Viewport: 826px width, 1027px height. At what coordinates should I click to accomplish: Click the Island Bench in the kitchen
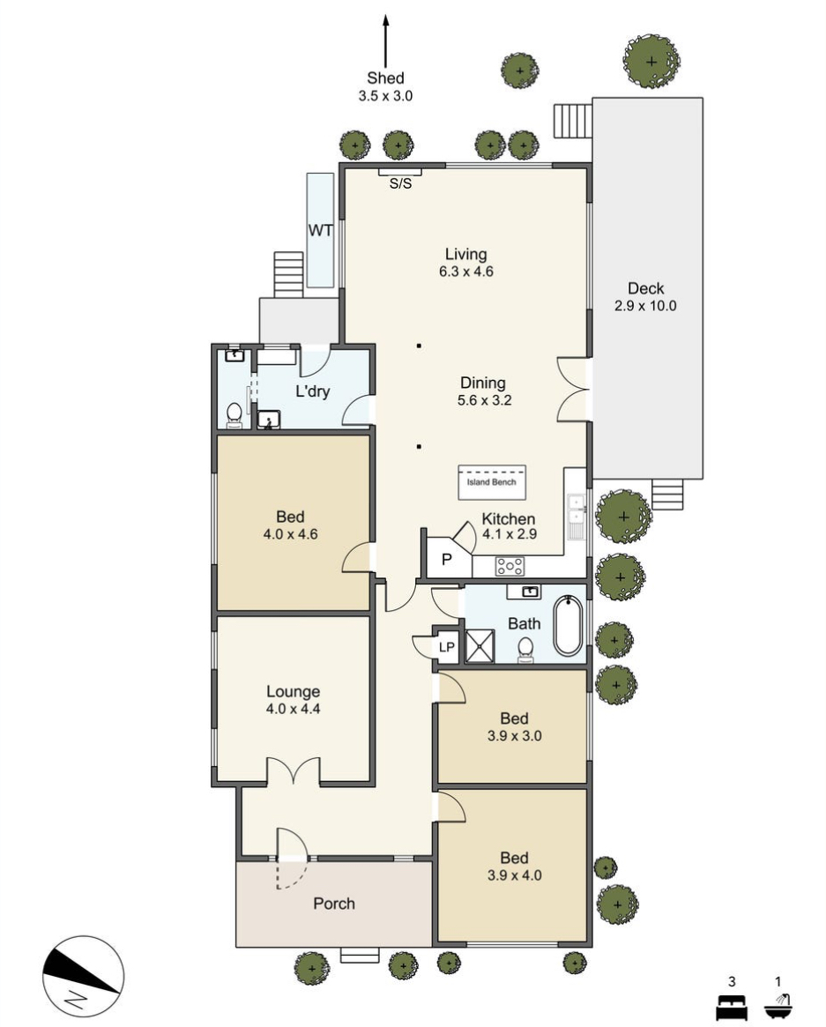click(491, 481)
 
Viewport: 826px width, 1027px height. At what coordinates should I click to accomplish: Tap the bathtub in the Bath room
click(569, 626)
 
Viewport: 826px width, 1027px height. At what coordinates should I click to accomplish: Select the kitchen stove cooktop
click(510, 566)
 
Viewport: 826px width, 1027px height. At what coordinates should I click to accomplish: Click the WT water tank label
click(320, 231)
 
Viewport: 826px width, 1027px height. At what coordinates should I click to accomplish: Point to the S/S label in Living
click(400, 184)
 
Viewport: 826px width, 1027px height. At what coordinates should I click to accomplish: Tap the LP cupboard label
click(447, 647)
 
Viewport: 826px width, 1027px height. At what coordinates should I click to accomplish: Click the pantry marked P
click(447, 560)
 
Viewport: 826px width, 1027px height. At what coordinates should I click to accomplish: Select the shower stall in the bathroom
click(480, 646)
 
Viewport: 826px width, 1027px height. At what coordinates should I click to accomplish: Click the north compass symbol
click(83, 976)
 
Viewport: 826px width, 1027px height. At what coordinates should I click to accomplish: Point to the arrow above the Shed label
click(386, 41)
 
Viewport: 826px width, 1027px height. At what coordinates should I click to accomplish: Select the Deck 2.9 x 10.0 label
click(645, 297)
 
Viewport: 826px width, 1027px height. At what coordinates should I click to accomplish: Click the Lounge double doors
click(294, 770)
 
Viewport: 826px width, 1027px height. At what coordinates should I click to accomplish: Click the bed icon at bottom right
click(732, 1006)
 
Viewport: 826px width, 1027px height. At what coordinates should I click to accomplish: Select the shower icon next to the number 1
click(778, 1006)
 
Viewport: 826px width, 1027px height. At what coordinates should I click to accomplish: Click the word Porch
click(334, 904)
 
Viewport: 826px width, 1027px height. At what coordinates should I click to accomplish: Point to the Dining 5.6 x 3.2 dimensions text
click(485, 400)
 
